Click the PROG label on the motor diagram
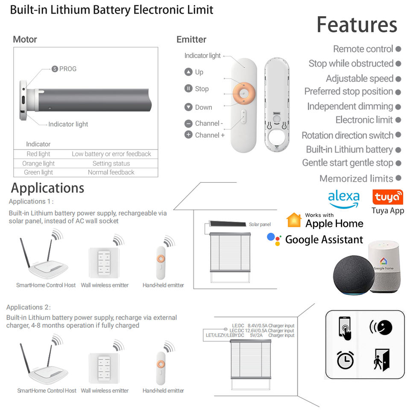click(x=68, y=69)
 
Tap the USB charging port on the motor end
click(x=23, y=100)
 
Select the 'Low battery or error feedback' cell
click(x=111, y=154)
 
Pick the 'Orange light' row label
click(x=38, y=164)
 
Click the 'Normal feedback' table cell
click(x=111, y=172)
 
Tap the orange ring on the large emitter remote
click(x=244, y=93)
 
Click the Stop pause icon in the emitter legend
click(x=188, y=88)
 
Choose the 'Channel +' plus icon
click(x=188, y=135)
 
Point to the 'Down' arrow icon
click(x=188, y=107)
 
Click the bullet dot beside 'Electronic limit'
click(x=398, y=120)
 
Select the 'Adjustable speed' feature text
click(x=360, y=79)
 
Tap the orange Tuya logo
click(x=388, y=197)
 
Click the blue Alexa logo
click(x=343, y=199)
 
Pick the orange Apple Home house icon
click(x=294, y=220)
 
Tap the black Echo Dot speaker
click(x=354, y=275)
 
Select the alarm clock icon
click(x=345, y=360)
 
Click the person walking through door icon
click(x=381, y=360)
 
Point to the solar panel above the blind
click(x=228, y=224)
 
